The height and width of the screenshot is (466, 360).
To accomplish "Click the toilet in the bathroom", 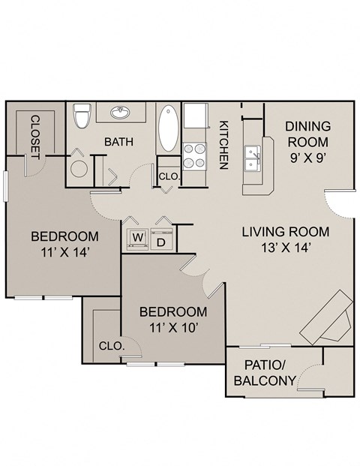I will pos(83,116).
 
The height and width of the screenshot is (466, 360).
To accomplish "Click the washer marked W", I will pos(137,239).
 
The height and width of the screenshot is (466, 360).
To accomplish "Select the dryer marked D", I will pos(160,240).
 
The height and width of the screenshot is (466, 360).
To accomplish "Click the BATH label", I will pos(118,142).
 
